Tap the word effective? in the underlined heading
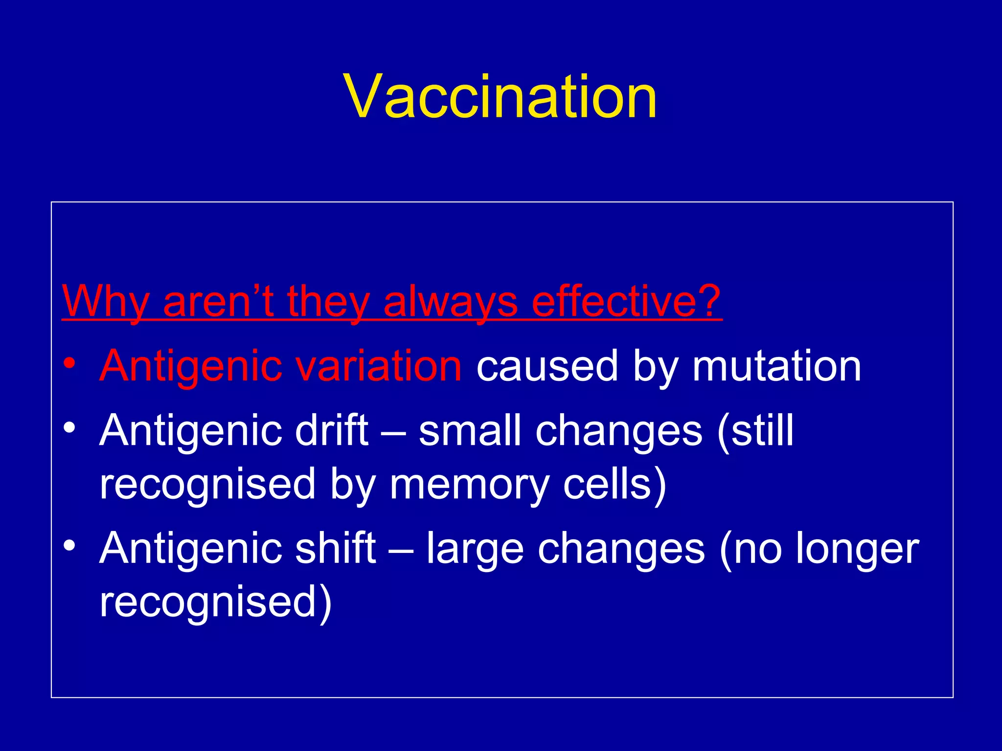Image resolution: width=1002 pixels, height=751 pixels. coord(626,301)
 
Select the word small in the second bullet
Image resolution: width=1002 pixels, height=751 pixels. coord(470,430)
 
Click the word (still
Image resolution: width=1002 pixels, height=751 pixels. coord(755,430)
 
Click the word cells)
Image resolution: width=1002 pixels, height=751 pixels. coord(615,484)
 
